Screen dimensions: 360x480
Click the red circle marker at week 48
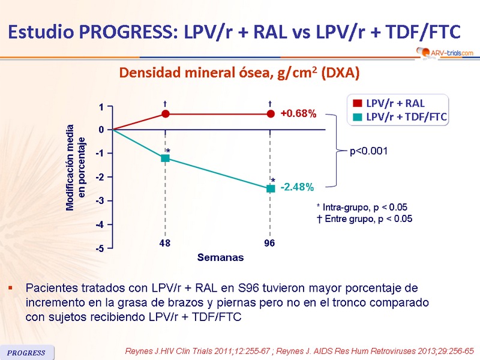tap(166, 113)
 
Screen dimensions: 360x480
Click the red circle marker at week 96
tap(271, 113)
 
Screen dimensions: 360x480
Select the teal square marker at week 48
tap(166, 158)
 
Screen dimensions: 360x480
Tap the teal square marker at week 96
tap(271, 188)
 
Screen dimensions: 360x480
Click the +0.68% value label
tap(298, 113)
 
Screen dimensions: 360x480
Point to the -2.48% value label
tap(297, 188)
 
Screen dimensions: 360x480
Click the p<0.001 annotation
tap(368, 151)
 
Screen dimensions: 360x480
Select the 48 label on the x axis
tap(166, 244)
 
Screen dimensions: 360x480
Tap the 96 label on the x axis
tap(271, 244)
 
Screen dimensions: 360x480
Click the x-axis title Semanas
tap(221, 257)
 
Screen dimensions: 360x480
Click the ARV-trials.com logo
tap(443, 53)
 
